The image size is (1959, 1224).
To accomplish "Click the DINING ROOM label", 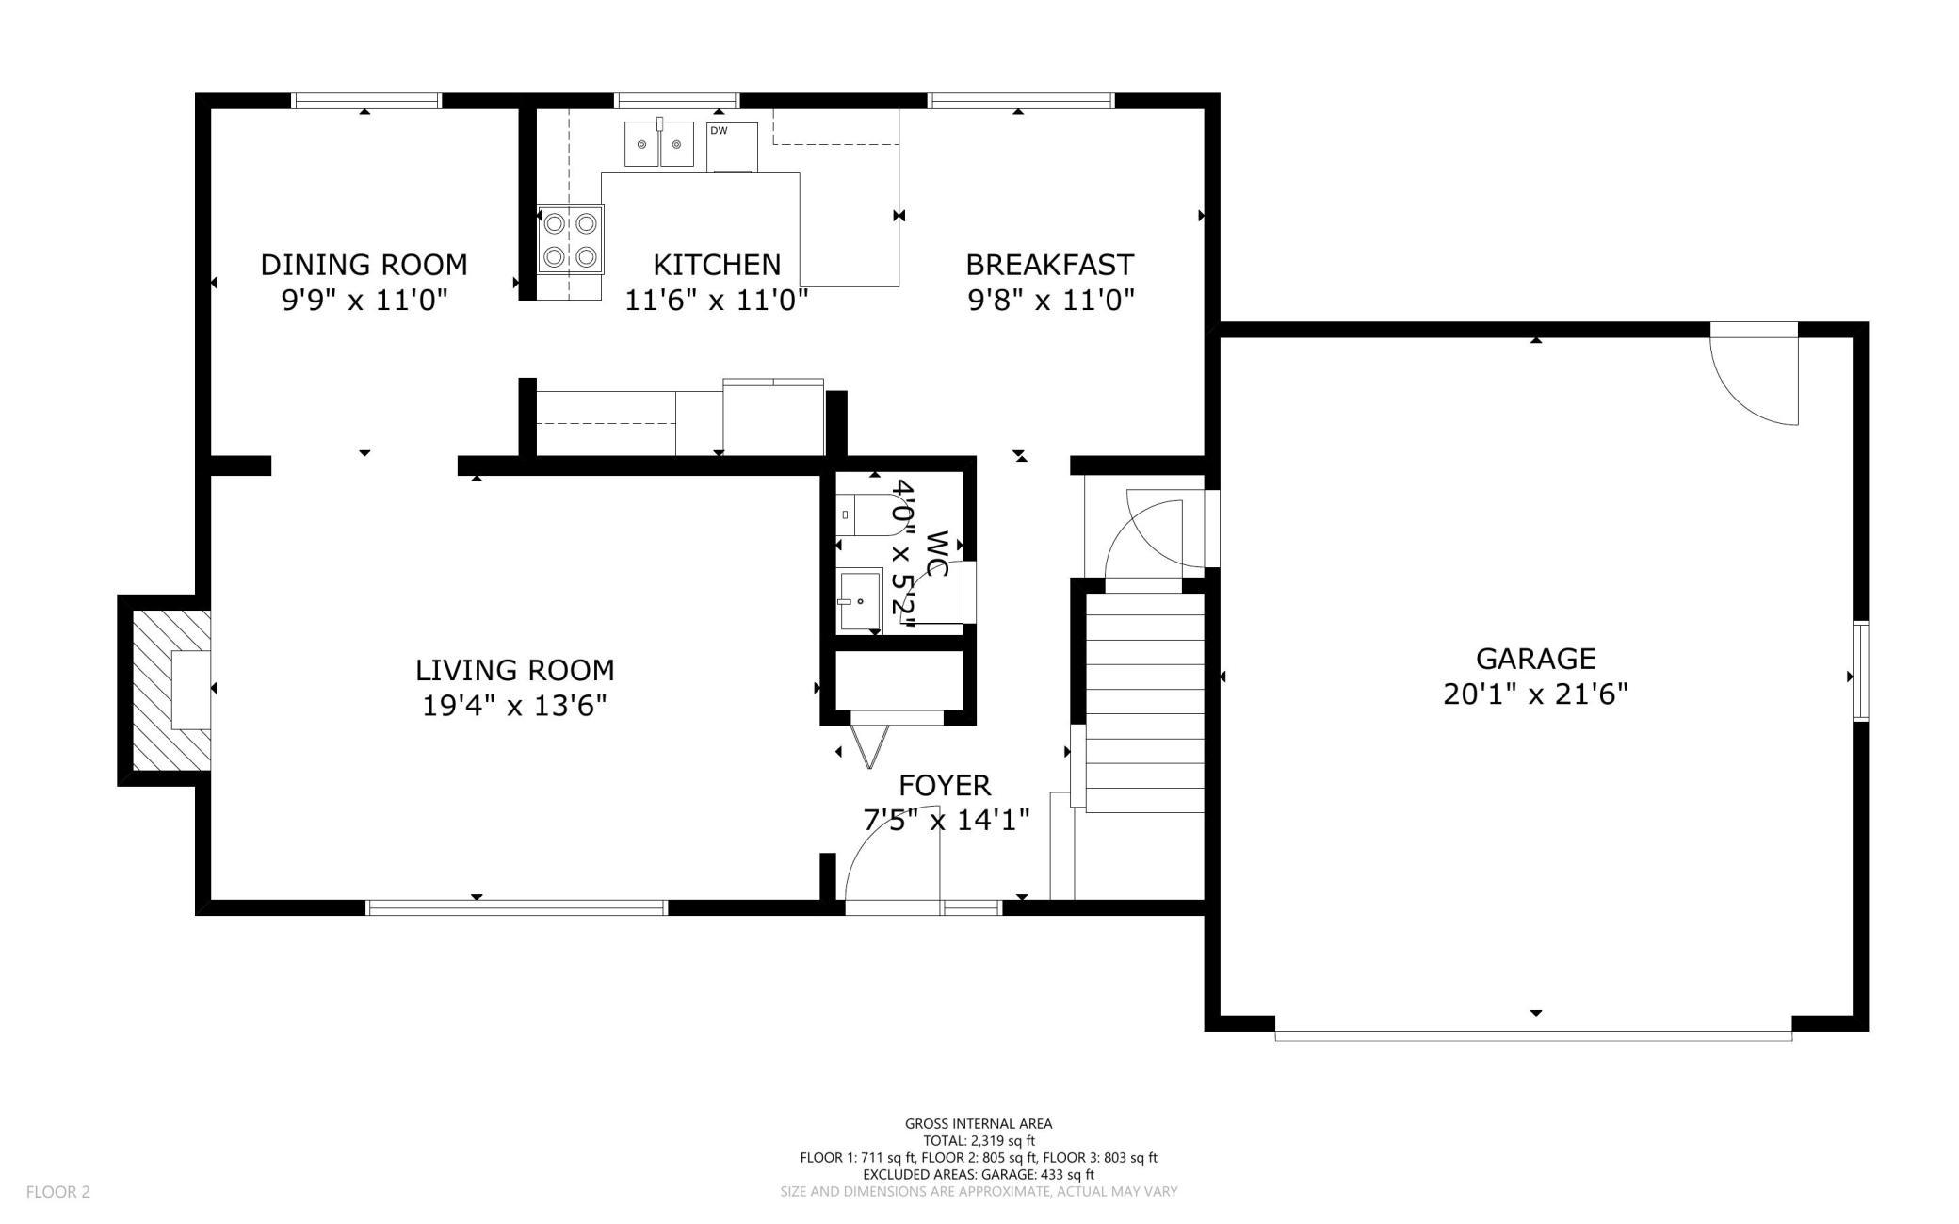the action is pyautogui.click(x=364, y=265).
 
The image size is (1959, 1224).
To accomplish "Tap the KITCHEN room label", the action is pyautogui.click(x=717, y=265).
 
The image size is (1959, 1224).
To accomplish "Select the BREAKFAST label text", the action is pyautogui.click(x=1049, y=265).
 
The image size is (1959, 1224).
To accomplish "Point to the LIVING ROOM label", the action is pyautogui.click(x=514, y=670).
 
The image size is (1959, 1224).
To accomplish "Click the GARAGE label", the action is pyautogui.click(x=1535, y=658).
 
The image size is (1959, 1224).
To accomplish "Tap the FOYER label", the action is pyautogui.click(x=944, y=785).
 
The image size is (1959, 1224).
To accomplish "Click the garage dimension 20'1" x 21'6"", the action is pyautogui.click(x=1535, y=694).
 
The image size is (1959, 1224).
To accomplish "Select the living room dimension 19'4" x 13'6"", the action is pyautogui.click(x=514, y=706).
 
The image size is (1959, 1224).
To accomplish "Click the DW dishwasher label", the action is pyautogui.click(x=718, y=131).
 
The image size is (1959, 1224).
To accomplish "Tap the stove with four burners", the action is pyautogui.click(x=570, y=240).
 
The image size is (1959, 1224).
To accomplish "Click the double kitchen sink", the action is pyautogui.click(x=659, y=144).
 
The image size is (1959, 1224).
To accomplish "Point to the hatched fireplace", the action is pyautogui.click(x=170, y=690).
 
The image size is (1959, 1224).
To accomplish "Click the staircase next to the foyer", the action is pyautogui.click(x=1145, y=702).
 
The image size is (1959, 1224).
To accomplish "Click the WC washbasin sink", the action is pyautogui.click(x=858, y=601).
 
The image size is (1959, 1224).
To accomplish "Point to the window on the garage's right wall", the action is pyautogui.click(x=1860, y=671).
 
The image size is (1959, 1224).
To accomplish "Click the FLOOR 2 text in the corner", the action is pyautogui.click(x=58, y=1192).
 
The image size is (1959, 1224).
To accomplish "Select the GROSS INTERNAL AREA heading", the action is pyautogui.click(x=979, y=1123).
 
